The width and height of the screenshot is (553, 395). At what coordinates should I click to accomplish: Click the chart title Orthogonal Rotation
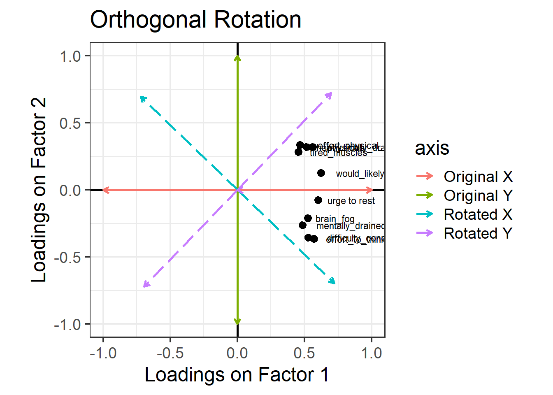(x=195, y=20)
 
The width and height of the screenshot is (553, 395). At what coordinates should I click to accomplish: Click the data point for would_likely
(x=321, y=173)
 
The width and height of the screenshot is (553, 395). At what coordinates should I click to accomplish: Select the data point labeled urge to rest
(x=318, y=200)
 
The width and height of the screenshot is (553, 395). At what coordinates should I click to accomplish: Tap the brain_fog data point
(x=308, y=218)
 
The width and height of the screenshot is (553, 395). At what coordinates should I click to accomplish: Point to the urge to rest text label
(x=351, y=201)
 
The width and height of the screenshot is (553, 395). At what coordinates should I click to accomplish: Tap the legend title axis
(x=432, y=148)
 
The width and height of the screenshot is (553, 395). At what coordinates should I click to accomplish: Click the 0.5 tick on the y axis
(x=70, y=123)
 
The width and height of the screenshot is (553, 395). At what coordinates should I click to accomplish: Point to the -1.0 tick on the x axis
(x=103, y=353)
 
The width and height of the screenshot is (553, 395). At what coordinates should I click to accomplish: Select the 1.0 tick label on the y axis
(x=70, y=56)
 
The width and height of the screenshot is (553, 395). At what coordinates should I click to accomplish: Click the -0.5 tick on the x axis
(x=170, y=353)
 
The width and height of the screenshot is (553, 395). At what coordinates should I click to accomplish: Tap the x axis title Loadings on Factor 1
(x=237, y=375)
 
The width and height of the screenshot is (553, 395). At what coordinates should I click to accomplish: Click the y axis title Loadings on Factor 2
(x=39, y=190)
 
